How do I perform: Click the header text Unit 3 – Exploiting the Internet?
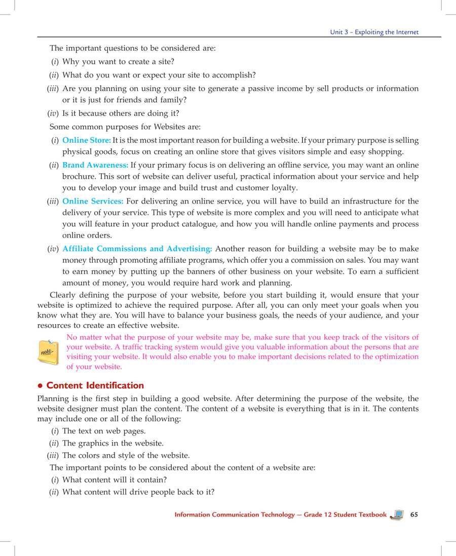[374, 32]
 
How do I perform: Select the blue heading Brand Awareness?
[95, 165]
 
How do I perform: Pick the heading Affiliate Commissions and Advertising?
[137, 249]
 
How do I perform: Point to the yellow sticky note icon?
[49, 351]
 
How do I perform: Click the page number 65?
[414, 514]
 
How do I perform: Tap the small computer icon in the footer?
[398, 515]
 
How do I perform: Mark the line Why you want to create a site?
[118, 62]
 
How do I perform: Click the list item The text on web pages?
[104, 431]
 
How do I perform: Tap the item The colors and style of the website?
[126, 455]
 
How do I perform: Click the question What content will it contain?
[115, 480]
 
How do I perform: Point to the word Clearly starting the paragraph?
[63, 295]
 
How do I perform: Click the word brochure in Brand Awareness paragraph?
[79, 177]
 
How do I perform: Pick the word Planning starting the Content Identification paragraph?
[54, 399]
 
